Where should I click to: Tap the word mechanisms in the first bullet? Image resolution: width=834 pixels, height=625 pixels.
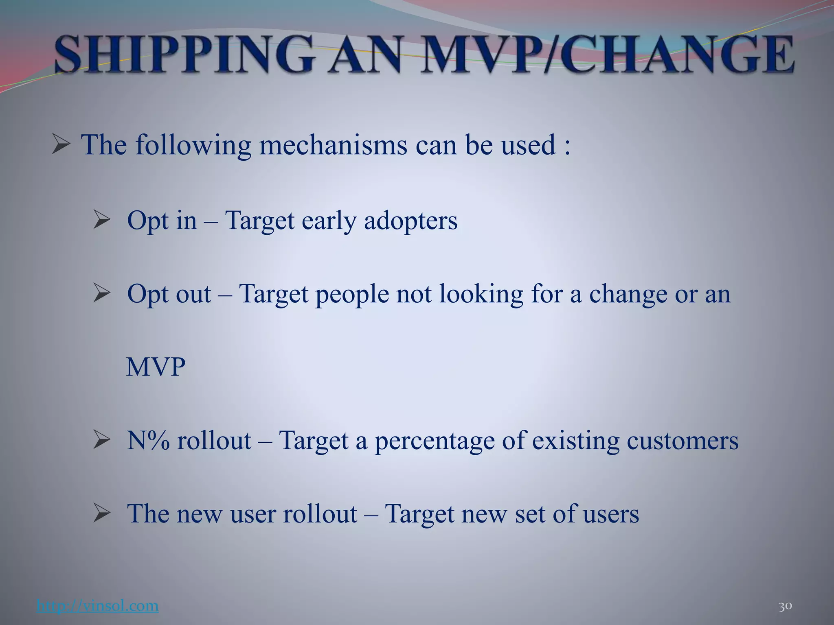click(333, 145)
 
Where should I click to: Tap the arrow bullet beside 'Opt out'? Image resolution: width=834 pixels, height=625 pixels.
click(101, 293)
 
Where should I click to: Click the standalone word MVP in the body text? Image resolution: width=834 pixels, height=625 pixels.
click(156, 367)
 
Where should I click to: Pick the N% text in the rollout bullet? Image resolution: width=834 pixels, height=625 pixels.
click(148, 440)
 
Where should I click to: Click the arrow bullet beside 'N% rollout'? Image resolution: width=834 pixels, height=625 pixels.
click(101, 440)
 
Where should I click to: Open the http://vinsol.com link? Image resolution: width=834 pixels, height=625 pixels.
click(97, 606)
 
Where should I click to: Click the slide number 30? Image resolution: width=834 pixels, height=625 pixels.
click(785, 606)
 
